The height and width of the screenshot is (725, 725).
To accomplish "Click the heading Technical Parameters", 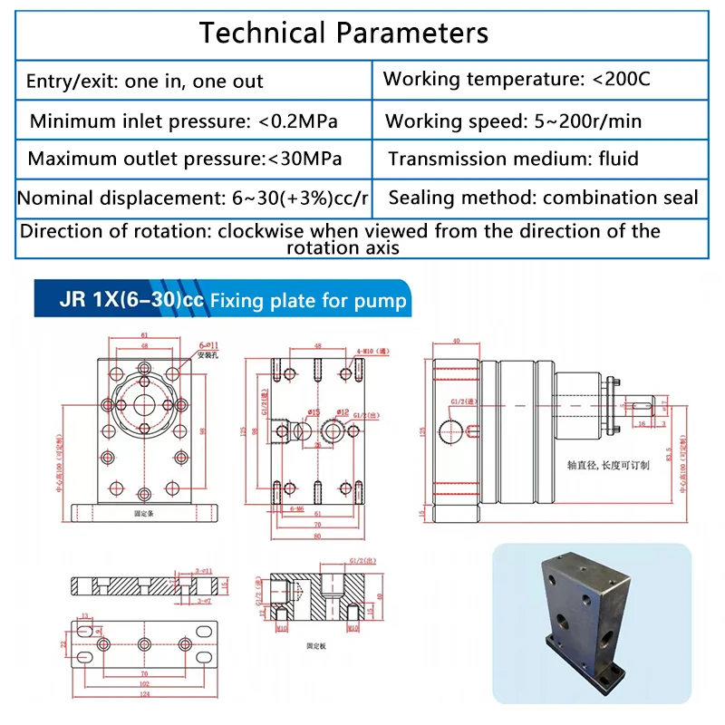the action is click(x=343, y=34).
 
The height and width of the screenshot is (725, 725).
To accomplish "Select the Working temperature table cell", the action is click(x=517, y=79).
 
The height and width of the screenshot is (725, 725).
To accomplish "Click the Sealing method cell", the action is click(x=543, y=198).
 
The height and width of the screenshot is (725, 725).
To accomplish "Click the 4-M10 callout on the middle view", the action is click(x=367, y=349).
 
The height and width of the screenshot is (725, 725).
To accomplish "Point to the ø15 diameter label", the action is click(x=314, y=412).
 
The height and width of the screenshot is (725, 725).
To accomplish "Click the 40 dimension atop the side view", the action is click(x=455, y=342).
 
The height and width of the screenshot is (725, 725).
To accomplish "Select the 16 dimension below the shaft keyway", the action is click(x=643, y=422).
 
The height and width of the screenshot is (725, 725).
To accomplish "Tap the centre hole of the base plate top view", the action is click(x=143, y=644).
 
